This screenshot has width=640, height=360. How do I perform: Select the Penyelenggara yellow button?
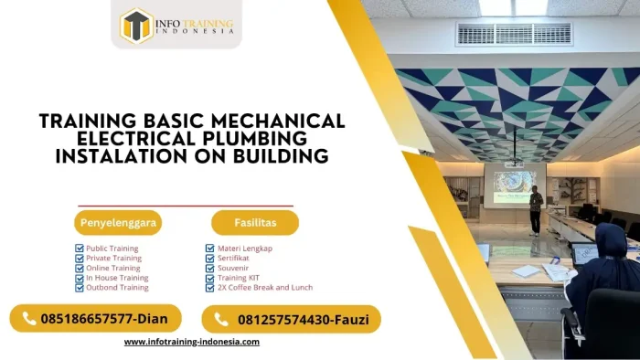(x=118, y=222)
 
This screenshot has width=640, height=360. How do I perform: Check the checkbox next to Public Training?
(x=80, y=249)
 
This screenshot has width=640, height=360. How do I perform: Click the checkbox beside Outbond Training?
(x=80, y=287)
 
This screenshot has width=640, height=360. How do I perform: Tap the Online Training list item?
(x=113, y=268)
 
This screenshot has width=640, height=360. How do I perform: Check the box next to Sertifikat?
(x=210, y=259)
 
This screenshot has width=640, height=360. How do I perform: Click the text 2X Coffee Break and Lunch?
(x=265, y=287)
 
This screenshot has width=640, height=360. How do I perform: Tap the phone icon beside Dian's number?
(x=27, y=319)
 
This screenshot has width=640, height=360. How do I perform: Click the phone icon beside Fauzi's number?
(x=220, y=319)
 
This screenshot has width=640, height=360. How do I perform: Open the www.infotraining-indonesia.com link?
(x=192, y=342)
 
